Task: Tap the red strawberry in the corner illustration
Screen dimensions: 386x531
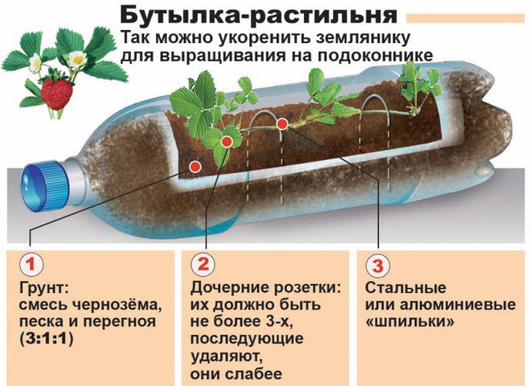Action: pyautogui.click(x=56, y=92)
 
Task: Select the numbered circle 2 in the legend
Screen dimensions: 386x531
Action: pyautogui.click(x=202, y=265)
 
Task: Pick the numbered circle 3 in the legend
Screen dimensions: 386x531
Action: pyautogui.click(x=376, y=265)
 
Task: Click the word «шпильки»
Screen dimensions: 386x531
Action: pyautogui.click(x=406, y=322)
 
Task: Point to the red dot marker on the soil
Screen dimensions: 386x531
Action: pyautogui.click(x=195, y=166)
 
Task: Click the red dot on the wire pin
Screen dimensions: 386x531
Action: pyautogui.click(x=282, y=123)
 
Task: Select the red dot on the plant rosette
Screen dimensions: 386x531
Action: pyautogui.click(x=226, y=141)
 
